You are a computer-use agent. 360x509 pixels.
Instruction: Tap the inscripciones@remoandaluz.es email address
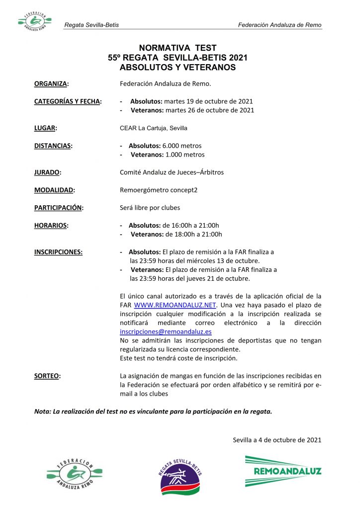pos(166,332)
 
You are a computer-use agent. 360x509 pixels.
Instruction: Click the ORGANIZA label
pos(51,84)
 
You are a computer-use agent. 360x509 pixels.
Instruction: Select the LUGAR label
pos(45,128)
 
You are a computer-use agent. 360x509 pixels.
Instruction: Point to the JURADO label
pos(47,172)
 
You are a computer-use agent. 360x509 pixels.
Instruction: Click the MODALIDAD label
pos(54,190)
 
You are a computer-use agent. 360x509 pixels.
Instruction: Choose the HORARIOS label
pos(51,225)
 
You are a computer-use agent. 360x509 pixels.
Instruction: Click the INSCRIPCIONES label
pos(58,252)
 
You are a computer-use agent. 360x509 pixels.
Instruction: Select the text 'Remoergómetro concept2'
pos(159,190)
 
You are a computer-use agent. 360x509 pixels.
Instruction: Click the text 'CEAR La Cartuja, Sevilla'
pos(154,128)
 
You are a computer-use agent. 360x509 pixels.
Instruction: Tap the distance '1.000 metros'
pos(185,155)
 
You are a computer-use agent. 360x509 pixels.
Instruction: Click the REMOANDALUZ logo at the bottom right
pos(283,471)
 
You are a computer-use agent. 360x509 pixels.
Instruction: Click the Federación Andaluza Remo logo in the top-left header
pos(34,21)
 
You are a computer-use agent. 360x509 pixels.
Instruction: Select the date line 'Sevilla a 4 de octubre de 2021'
pos(277,439)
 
